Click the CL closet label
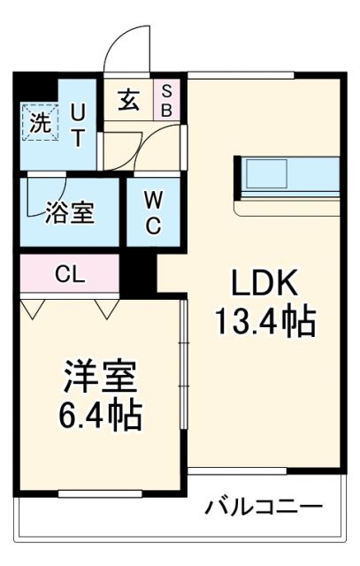pyautogui.click(x=69, y=274)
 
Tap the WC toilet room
pyautogui.click(x=152, y=212)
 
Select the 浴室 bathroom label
pyautogui.click(x=69, y=213)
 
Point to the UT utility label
pyautogui.click(x=80, y=125)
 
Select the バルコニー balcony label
pyautogui.click(x=264, y=508)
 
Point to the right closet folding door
pyautogui.click(x=107, y=308)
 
